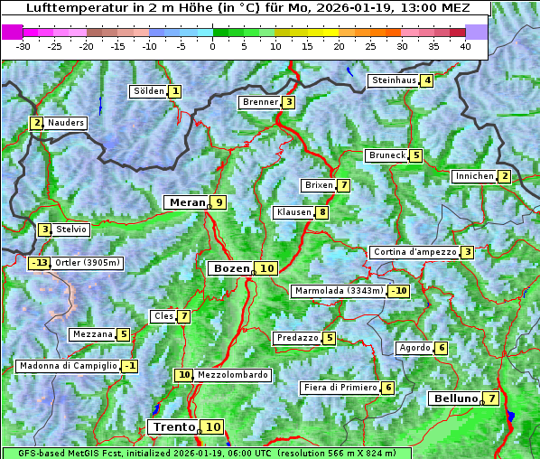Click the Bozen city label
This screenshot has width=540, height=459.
click(230, 268)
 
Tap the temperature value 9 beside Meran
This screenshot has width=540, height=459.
click(218, 202)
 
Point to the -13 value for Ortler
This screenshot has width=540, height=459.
click(39, 263)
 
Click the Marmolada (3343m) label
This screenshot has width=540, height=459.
click(339, 291)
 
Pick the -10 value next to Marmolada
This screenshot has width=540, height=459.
click(398, 291)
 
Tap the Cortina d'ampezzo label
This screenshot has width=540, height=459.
click(414, 252)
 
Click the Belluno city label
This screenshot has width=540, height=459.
click(454, 398)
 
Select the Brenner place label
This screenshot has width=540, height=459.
click(260, 102)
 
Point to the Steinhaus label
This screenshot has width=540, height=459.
click(394, 80)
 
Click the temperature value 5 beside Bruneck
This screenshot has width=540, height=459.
click(415, 155)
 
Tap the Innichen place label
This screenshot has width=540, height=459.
click(474, 176)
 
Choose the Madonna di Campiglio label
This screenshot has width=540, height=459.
click(68, 366)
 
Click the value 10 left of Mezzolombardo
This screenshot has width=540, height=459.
click(184, 375)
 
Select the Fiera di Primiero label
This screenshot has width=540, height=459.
click(340, 388)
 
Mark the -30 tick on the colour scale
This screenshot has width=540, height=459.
click(23, 46)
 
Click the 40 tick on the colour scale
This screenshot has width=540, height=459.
click(465, 46)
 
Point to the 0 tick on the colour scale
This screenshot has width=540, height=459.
click(213, 46)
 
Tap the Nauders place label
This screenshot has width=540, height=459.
click(66, 123)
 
